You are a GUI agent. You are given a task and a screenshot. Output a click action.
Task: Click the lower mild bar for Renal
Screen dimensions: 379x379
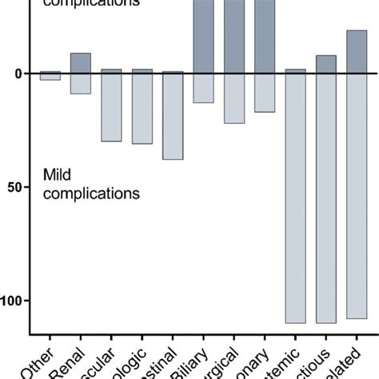point(81,84)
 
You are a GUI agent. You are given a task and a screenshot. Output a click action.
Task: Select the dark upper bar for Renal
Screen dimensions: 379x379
point(81,63)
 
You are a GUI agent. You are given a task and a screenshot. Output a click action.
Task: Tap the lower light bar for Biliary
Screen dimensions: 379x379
point(203,88)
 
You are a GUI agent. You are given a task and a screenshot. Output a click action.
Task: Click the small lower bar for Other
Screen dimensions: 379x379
point(50,77)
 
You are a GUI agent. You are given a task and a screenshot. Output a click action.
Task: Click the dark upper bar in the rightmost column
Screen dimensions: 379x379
point(357,52)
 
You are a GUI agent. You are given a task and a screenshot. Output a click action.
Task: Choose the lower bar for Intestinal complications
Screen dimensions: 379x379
point(173,117)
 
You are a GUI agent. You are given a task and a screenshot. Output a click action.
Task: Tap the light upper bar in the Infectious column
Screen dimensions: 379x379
point(326,65)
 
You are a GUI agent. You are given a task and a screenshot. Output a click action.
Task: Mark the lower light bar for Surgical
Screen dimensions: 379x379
point(234,98)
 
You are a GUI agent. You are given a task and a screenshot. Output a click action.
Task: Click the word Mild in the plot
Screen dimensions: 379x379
point(55,175)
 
